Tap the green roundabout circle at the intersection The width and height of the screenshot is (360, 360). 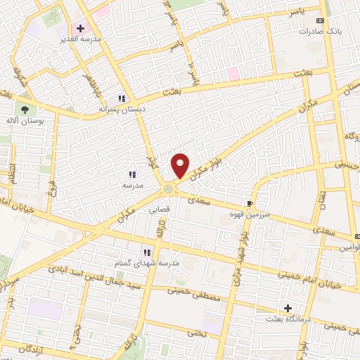(169, 188)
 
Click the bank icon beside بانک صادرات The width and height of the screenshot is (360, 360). (322, 20)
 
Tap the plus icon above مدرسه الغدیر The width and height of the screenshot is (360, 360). (80, 29)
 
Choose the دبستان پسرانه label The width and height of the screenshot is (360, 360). (122, 110)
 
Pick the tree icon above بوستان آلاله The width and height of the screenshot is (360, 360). (26, 110)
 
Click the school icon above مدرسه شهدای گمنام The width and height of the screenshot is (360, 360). (147, 252)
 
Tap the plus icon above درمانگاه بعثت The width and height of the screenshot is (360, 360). (288, 308)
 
